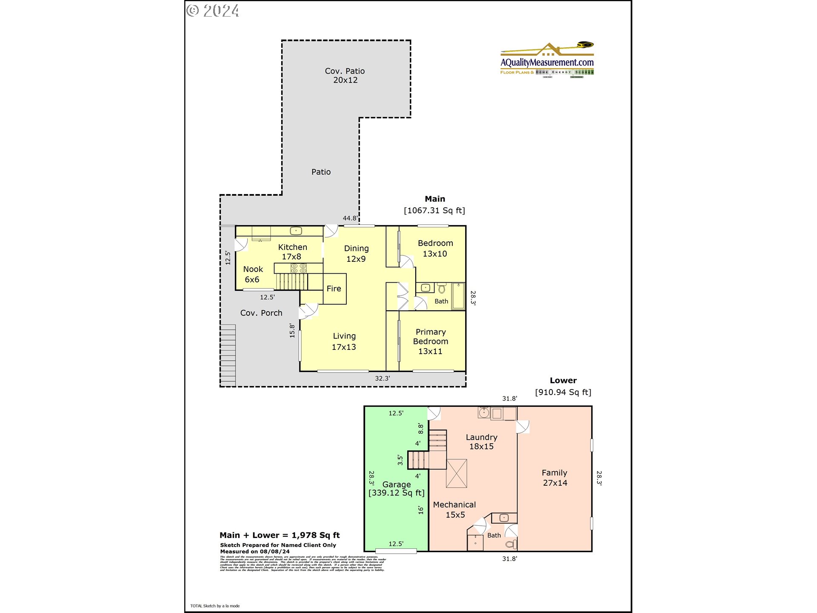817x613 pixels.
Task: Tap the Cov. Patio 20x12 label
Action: coord(345,75)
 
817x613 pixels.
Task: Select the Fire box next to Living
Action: coord(334,289)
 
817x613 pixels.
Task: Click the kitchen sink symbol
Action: coord(296,231)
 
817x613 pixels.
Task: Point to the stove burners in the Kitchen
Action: coord(298,268)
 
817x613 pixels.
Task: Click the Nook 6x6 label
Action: coord(253,274)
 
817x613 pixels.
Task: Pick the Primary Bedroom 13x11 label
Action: coord(430,341)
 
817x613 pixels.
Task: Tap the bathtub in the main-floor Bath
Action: coord(458,296)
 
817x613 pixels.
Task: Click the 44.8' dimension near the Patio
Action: coord(350,218)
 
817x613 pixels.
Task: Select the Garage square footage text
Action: coord(396,493)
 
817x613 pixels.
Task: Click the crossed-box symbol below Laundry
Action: coord(457,473)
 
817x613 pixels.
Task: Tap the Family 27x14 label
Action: coord(554,478)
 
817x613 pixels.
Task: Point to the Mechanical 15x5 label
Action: coord(454,510)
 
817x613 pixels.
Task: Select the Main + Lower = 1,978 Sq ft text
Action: coord(280,535)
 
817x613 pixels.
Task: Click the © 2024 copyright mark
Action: coord(213,11)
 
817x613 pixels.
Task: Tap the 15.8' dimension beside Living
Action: coord(292,331)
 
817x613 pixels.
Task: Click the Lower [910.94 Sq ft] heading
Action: coord(563,387)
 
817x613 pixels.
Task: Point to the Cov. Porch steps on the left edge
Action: coord(228,355)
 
